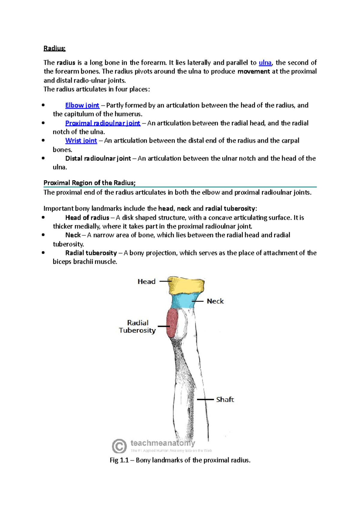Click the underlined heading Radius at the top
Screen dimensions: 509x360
tap(54, 48)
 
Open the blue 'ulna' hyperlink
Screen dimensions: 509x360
tap(265, 63)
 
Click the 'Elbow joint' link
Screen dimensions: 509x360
tap(82, 105)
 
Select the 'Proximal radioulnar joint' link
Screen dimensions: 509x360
tap(103, 123)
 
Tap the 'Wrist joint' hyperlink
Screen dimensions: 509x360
tap(81, 141)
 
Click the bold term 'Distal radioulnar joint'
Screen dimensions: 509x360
tap(98, 158)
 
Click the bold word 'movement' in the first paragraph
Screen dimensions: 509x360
tap(253, 71)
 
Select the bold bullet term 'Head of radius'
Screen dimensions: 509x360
tap(87, 218)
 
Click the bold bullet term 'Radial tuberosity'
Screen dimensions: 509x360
tap(91, 253)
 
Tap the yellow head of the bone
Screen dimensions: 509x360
tap(186, 286)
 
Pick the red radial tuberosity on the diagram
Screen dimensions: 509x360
tap(172, 323)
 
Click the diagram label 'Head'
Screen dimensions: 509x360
tap(146, 281)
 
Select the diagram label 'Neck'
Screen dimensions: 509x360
tap(215, 301)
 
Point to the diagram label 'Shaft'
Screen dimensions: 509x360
tap(225, 400)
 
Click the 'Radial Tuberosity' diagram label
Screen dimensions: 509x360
tap(137, 327)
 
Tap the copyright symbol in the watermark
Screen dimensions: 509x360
tap(119, 446)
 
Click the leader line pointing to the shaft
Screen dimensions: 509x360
tap(205, 400)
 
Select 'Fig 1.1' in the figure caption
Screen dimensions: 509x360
tap(119, 460)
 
